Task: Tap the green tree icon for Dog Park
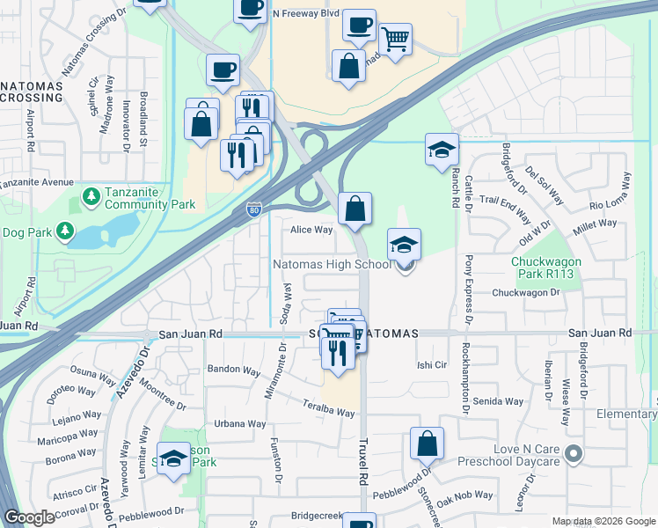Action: tap(63, 231)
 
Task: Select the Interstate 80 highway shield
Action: tap(252, 209)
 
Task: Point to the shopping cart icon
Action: tap(395, 38)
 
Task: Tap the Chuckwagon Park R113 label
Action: tap(554, 268)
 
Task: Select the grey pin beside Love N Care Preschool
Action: tap(574, 454)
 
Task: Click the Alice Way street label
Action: tap(312, 231)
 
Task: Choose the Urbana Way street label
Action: tap(240, 424)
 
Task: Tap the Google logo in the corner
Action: tap(30, 517)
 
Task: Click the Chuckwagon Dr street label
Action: tap(526, 293)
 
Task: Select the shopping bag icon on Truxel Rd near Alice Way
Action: tap(355, 209)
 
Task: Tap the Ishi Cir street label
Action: tap(432, 364)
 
